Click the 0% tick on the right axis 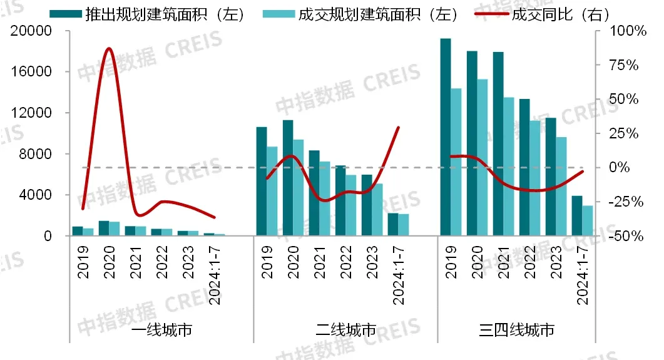pos(623,168)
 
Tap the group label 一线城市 pos(161,330)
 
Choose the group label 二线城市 pos(345,330)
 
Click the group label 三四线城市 pos(516,330)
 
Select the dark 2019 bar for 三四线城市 pos(445,138)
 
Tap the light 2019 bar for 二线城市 pos(272,192)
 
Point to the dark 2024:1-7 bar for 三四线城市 pos(576,216)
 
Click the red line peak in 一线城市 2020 pos(109,48)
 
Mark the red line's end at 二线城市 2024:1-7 pos(399,127)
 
